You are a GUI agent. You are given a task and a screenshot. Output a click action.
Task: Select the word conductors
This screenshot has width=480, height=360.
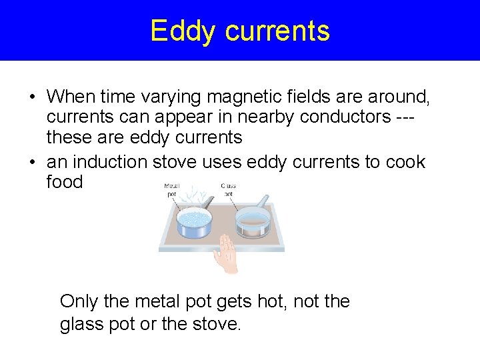[x=331, y=117]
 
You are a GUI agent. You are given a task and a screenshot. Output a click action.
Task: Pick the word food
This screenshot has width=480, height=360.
[x=65, y=181]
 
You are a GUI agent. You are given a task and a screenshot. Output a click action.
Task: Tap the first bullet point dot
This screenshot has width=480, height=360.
[x=32, y=98]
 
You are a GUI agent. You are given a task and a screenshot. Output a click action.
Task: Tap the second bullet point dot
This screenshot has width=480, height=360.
[x=32, y=163]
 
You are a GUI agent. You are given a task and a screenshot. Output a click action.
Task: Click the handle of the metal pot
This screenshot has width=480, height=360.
[x=209, y=202]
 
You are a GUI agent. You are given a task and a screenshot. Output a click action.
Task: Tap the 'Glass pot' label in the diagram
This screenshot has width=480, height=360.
[x=228, y=190]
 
